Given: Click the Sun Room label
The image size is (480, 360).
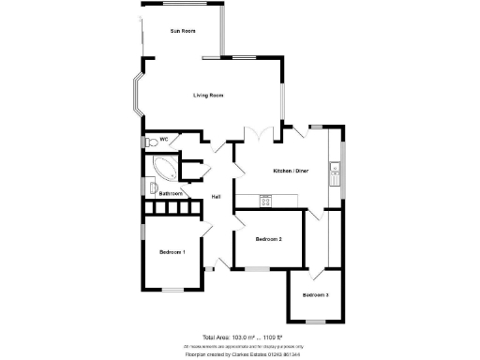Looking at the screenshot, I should tap(182, 31).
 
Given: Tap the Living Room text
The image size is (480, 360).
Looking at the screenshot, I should tap(208, 96).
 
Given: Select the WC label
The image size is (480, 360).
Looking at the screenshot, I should tap(163, 140).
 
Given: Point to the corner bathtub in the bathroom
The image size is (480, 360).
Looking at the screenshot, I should tap(161, 170).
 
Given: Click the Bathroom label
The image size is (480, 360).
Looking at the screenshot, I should tap(170, 193).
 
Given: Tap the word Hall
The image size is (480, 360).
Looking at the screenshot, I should tap(216, 196).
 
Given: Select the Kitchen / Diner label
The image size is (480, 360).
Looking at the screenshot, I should tap(290, 171).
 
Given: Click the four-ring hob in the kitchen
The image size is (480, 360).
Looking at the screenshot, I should tap(265, 200).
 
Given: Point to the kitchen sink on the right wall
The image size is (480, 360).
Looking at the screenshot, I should tap(334, 171).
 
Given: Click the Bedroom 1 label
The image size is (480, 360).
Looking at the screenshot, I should tap(172, 252).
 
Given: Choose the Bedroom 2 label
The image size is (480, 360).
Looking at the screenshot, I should tap(269, 239).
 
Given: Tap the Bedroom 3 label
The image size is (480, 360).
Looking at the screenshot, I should tap(315, 295).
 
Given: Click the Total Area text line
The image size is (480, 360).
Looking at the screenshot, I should tap(242, 337).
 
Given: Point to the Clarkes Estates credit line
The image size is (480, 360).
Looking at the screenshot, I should tap(243, 355).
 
